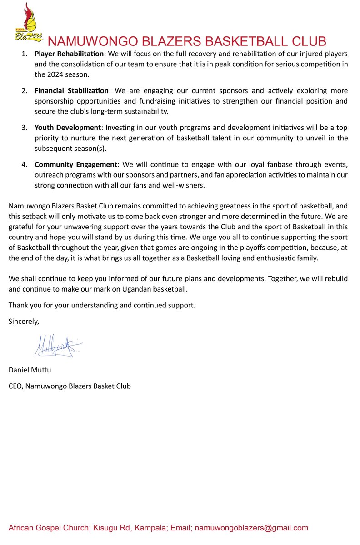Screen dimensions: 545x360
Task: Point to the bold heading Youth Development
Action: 66,127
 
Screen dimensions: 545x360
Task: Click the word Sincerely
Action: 24,322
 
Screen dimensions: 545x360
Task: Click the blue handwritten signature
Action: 57,346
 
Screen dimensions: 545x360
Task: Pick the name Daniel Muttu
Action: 30,370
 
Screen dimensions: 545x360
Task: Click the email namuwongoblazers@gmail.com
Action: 251,528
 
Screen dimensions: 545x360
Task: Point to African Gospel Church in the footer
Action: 48,528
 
